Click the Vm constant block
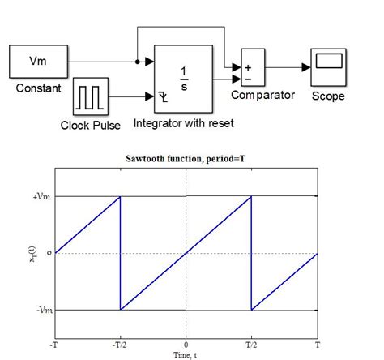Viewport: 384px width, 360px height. pyautogui.click(x=38, y=61)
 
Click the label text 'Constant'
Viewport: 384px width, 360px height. pyautogui.click(x=39, y=87)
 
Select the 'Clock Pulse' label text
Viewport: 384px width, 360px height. pyautogui.click(x=92, y=126)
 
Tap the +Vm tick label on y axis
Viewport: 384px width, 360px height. pyautogui.click(x=37, y=197)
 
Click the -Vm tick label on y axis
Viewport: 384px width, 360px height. pyautogui.click(x=37, y=310)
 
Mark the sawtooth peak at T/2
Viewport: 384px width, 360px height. pyautogui.click(x=251, y=197)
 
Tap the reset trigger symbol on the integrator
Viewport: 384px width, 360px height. pyautogui.click(x=164, y=98)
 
